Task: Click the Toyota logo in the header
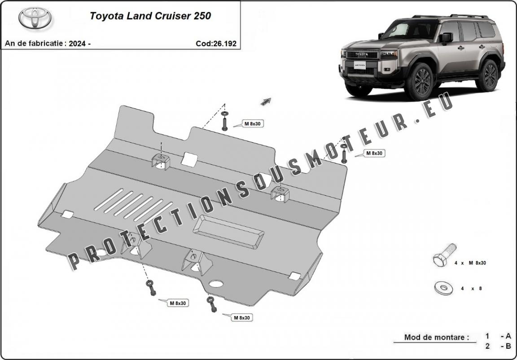tap(35, 18)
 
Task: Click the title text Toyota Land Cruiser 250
tap(150, 16)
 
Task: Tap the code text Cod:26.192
tap(216, 44)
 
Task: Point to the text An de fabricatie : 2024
tap(48, 44)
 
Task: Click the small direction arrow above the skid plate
tap(266, 101)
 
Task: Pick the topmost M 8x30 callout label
tap(253, 123)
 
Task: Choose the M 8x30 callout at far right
tap(374, 153)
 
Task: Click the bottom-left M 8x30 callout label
tap(178, 303)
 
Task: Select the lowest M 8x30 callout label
tap(241, 317)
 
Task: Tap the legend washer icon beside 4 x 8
tap(443, 288)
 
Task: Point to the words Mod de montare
tap(436, 337)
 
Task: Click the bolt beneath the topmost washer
tap(224, 123)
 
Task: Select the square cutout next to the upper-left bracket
tap(190, 158)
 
